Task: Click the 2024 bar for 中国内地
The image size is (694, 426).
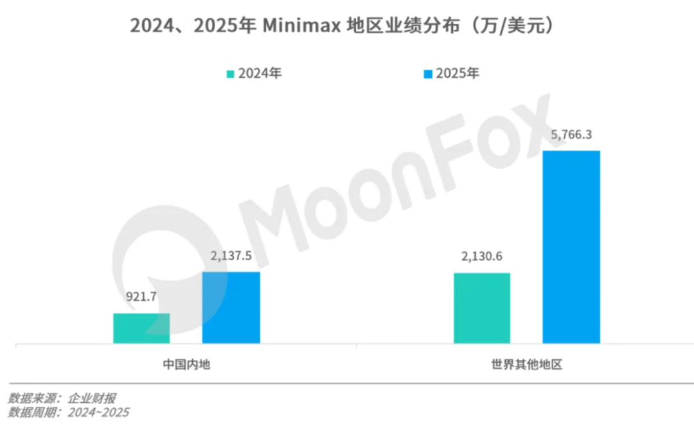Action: [141, 328]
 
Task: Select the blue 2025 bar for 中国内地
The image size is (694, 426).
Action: [231, 307]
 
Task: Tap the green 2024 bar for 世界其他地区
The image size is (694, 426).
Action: [482, 308]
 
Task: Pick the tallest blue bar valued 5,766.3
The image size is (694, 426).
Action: [571, 247]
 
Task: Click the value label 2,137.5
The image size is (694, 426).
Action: [231, 257]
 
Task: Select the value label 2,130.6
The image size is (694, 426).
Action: [481, 258]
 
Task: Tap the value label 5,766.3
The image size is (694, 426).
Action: [571, 136]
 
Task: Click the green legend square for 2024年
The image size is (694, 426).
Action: [230, 74]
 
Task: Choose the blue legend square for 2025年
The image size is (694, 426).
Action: [428, 74]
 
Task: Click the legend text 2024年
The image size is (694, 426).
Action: [260, 73]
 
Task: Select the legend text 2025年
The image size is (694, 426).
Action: [458, 73]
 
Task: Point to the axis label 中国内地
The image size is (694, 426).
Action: [186, 365]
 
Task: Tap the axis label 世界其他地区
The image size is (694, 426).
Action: [526, 365]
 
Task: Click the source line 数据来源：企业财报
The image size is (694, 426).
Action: [62, 398]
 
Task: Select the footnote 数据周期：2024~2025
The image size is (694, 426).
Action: [68, 413]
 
